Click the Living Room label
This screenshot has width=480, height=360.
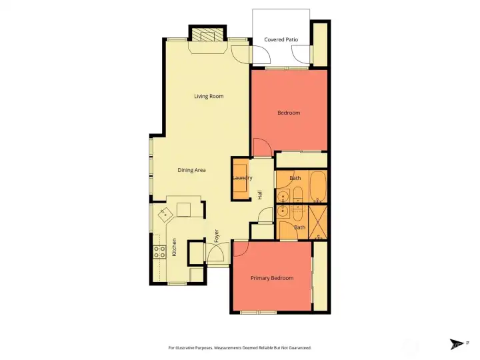point(209,97)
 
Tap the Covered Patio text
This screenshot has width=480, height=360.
point(281,40)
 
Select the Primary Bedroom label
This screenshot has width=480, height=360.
point(271,278)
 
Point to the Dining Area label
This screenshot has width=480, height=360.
point(191,171)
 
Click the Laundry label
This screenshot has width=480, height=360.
point(241,179)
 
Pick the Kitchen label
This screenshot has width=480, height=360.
point(175,247)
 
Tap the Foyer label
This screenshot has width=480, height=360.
point(217,235)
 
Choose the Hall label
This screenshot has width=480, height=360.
point(260,195)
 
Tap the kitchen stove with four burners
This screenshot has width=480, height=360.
point(160,251)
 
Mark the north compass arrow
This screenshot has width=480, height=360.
point(457,344)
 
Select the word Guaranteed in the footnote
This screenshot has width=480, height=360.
point(297,348)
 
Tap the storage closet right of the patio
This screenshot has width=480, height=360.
point(320,44)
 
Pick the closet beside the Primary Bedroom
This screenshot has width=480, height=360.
point(321,276)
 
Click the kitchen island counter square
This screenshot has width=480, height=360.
point(183,210)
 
